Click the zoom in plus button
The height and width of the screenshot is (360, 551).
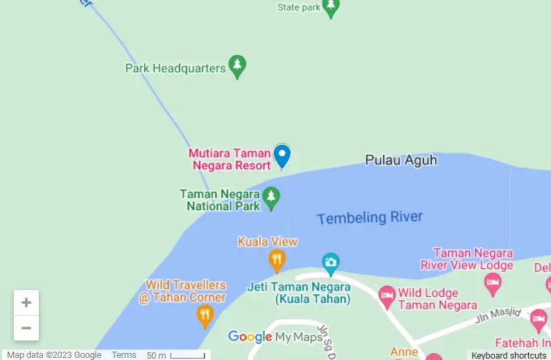pos(26,302)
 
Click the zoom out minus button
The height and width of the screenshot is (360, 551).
pos(26,328)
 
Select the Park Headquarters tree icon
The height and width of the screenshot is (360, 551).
pos(238,67)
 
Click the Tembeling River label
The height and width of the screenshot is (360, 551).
pos(369,218)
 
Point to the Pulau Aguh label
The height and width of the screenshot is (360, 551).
pos(401,160)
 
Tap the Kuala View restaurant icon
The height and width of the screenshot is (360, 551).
pos(277,261)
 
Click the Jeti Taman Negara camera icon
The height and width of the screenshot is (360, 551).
pos(331,262)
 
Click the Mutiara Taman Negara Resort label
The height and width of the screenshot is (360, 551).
pos(229,160)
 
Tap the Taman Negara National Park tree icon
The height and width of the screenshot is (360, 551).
pos(271,198)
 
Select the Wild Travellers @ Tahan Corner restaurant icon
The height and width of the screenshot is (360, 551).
pos(204,316)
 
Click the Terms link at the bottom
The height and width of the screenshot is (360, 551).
pos(124,355)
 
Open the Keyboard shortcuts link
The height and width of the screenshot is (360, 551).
pos(509,355)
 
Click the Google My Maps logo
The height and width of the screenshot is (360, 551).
pos(275,338)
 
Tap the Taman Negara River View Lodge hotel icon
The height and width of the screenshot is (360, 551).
pos(493,282)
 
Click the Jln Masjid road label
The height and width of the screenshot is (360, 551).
pos(498,317)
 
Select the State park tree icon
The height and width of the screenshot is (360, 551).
pos(331,8)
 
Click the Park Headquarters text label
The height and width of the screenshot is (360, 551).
pos(175,68)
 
